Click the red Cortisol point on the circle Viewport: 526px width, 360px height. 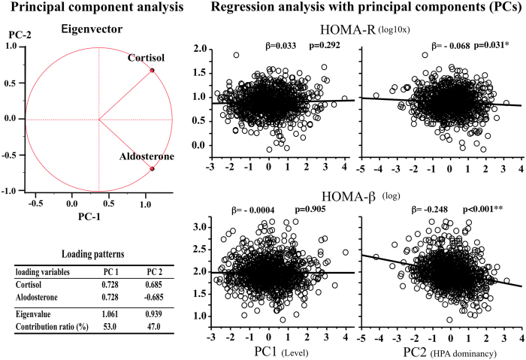pos(152,71)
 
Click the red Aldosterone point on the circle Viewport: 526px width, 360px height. pos(152,168)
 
